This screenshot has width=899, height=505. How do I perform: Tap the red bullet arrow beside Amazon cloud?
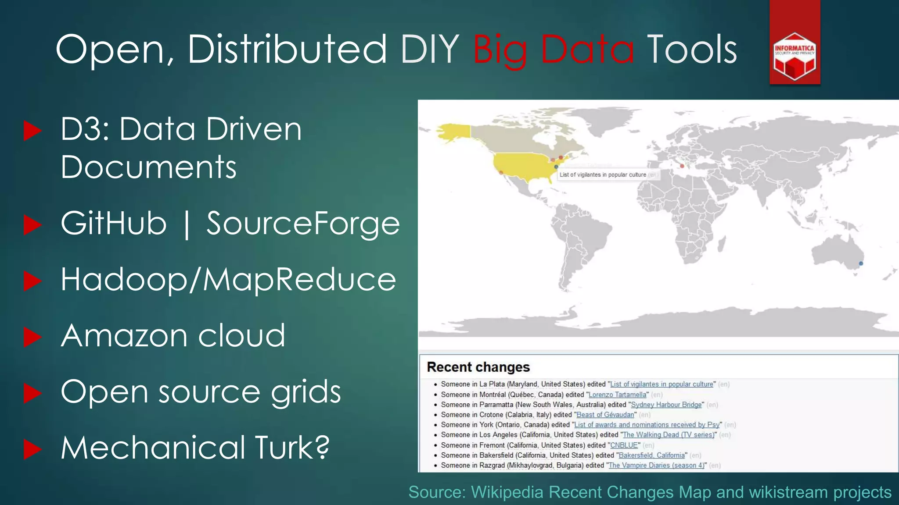pos(32,337)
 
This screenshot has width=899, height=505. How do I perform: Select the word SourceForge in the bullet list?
pos(303,224)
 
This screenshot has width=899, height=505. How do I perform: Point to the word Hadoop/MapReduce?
pos(228,280)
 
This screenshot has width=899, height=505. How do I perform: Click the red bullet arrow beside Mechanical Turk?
pos(32,449)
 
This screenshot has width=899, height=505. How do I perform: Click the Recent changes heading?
pos(478,367)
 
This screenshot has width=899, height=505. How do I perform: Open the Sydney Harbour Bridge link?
pos(666,405)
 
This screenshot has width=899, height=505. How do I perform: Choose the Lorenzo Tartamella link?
pos(617,395)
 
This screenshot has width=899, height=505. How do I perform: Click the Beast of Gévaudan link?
pos(605,415)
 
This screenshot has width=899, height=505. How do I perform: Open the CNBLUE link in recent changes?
pos(624,445)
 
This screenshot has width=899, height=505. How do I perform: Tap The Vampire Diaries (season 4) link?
pos(656,465)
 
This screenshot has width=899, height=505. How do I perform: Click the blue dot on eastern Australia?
pos(861,263)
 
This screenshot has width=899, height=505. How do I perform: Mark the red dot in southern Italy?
pos(682,166)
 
